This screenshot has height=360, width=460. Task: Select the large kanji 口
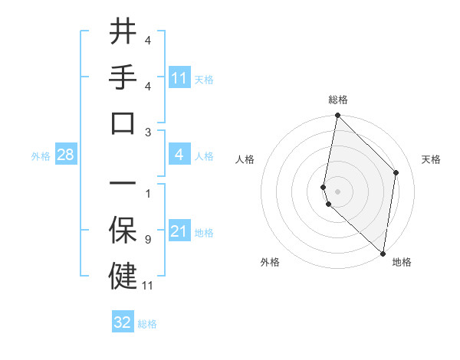(x=123, y=123)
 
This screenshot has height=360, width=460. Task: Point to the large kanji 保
(x=123, y=230)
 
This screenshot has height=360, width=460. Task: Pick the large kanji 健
(x=123, y=276)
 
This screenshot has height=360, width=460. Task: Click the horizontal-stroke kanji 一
(x=123, y=184)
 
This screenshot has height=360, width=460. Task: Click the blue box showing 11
(x=179, y=78)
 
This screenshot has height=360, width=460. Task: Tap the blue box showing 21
(x=179, y=231)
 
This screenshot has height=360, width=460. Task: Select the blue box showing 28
(x=66, y=155)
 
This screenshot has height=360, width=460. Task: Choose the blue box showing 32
(x=123, y=322)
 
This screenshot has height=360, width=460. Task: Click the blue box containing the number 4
(x=179, y=155)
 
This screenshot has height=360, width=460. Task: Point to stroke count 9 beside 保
(x=147, y=240)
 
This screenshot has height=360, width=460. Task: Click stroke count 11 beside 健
(x=149, y=286)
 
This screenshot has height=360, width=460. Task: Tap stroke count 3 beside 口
(x=147, y=132)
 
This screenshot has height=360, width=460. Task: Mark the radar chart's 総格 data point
(x=337, y=116)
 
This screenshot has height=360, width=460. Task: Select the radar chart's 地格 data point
(x=383, y=254)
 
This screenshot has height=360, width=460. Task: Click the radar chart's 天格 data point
(x=396, y=172)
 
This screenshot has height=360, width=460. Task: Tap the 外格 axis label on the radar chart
(x=270, y=263)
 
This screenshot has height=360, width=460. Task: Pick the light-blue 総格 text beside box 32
(x=147, y=324)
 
